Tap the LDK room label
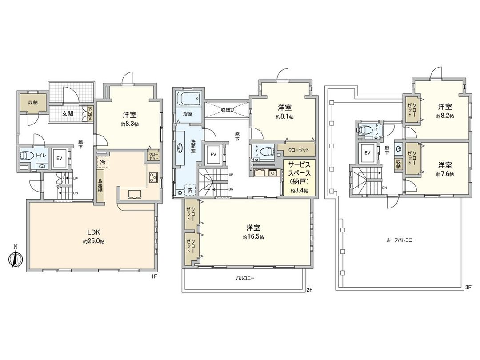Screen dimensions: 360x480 pos(93,232)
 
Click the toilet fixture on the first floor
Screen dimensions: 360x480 pos(25,156)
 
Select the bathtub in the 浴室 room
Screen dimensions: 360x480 pos(189,99)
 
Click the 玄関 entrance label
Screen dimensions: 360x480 pos(68,113)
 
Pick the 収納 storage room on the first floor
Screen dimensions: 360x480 pos(33,103)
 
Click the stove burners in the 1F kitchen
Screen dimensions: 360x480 pos(154,177)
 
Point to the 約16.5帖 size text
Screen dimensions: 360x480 pos(253,237)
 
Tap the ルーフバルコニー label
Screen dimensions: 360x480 pos(401,240)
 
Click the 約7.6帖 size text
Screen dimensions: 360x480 pos(445,174)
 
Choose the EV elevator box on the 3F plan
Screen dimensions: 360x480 pos(368,153)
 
